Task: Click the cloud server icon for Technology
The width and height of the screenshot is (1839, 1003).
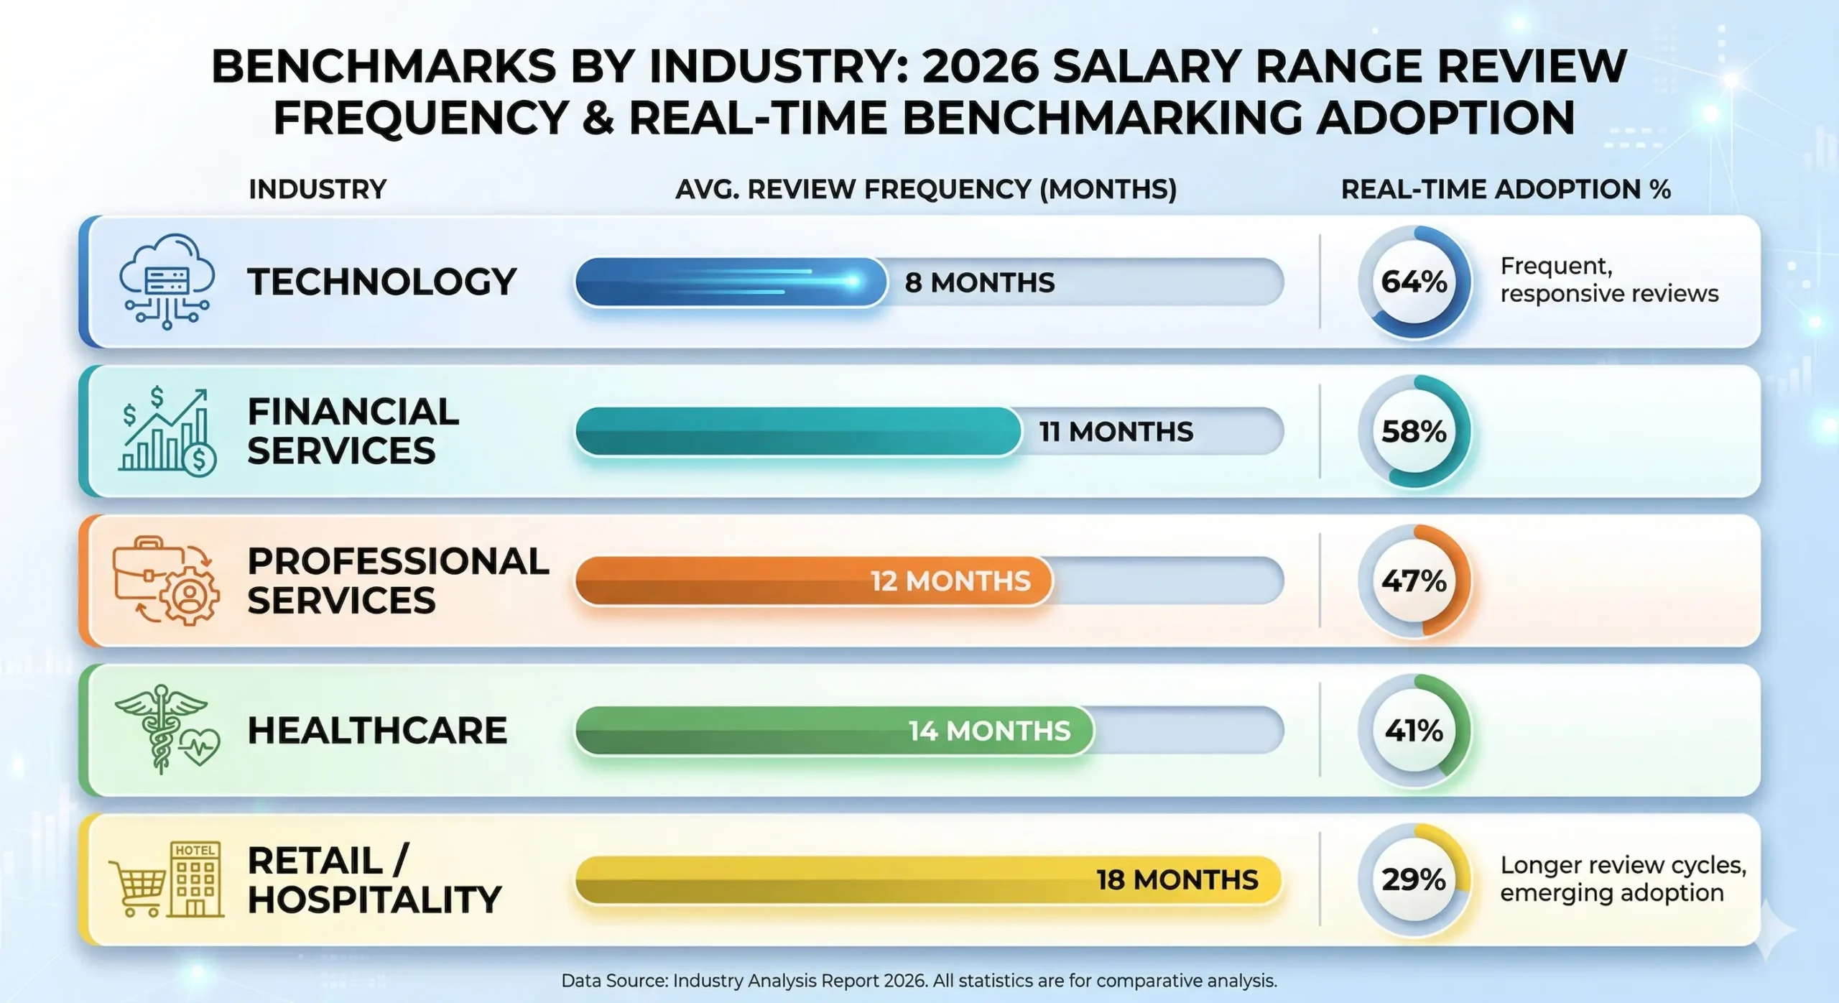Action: click(x=167, y=281)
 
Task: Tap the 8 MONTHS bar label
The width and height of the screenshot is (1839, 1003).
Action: click(x=979, y=282)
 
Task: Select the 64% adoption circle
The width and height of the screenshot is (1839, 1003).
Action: click(x=1414, y=282)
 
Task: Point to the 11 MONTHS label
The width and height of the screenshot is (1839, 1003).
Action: click(x=1116, y=432)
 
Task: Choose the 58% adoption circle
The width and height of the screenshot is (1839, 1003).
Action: click(x=1414, y=431)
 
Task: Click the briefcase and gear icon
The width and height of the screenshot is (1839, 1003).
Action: click(x=166, y=581)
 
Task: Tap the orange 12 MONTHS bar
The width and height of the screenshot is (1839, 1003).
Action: click(x=812, y=581)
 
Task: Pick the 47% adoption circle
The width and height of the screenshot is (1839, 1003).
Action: click(x=1414, y=581)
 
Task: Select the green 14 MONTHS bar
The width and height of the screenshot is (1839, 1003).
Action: click(x=833, y=730)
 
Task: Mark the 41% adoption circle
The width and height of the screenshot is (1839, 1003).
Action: click(x=1414, y=730)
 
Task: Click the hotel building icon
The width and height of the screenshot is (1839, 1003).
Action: click(x=195, y=879)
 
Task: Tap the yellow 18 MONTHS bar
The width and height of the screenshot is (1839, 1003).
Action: click(x=927, y=879)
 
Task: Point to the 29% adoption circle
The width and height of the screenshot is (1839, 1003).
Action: click(x=1414, y=879)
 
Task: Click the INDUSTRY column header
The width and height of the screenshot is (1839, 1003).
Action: click(x=318, y=189)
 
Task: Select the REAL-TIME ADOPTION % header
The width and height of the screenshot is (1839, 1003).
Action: click(x=1506, y=189)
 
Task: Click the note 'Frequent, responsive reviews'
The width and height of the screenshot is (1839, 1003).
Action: click(x=1608, y=279)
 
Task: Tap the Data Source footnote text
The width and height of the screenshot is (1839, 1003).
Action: click(x=919, y=981)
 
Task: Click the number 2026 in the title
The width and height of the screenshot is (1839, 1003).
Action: click(x=980, y=67)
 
